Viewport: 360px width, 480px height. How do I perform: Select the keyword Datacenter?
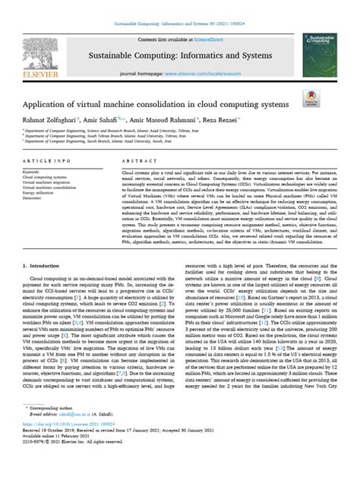pos(36,204)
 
